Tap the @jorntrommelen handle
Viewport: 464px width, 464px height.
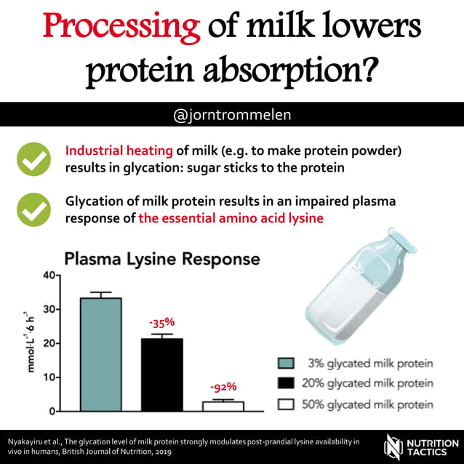(x=231, y=115)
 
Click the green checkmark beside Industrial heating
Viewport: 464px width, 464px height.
(x=33, y=160)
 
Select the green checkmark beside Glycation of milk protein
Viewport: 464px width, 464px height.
(x=33, y=209)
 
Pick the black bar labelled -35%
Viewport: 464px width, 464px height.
(x=161, y=374)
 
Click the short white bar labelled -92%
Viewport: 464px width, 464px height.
(x=222, y=406)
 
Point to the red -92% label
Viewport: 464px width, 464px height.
(x=222, y=386)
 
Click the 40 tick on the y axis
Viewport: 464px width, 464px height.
(x=49, y=275)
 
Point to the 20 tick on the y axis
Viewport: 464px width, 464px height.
(x=49, y=343)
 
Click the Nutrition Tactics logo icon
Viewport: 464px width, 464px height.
(x=394, y=446)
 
